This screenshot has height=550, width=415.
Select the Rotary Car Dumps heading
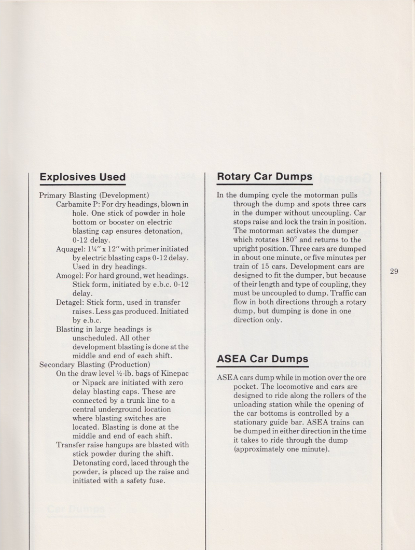(264, 176)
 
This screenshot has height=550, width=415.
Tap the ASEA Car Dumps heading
(262, 359)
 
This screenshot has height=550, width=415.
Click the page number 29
(394, 271)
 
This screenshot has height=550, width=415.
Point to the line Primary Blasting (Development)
(94, 195)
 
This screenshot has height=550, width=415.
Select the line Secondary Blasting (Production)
(95, 364)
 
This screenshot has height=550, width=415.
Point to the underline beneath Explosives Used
(82, 185)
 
